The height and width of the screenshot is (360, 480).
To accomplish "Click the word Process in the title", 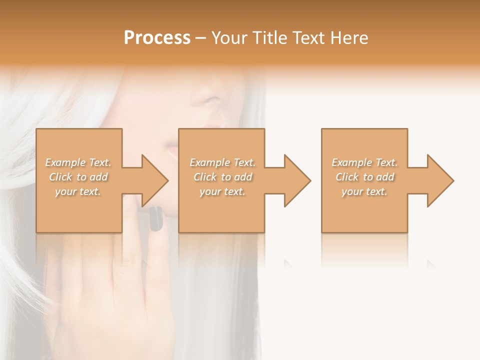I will (x=157, y=38).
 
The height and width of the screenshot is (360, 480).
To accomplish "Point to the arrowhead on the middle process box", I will (x=297, y=180).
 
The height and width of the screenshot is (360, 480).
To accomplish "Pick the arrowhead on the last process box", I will (x=440, y=180).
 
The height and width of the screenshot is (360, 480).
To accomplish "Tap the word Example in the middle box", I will (x=208, y=162).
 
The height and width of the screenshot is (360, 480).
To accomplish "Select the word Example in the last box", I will (x=351, y=162).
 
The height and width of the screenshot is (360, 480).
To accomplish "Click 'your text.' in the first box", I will (x=78, y=191).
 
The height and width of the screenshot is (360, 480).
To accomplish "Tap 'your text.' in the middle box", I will (x=222, y=191).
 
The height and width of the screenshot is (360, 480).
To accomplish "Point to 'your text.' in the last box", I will (x=364, y=191).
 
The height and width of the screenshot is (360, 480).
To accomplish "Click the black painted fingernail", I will (x=156, y=219).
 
